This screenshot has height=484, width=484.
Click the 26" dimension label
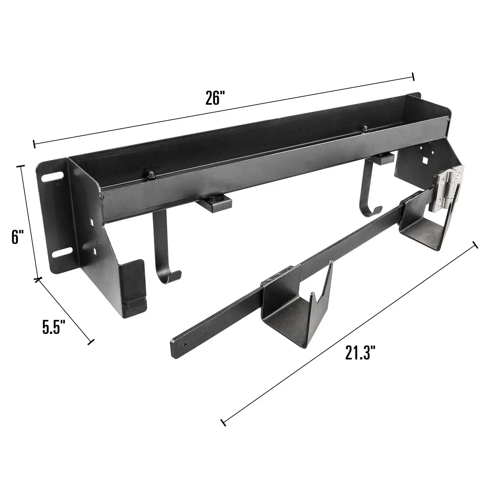click(x=215, y=98)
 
